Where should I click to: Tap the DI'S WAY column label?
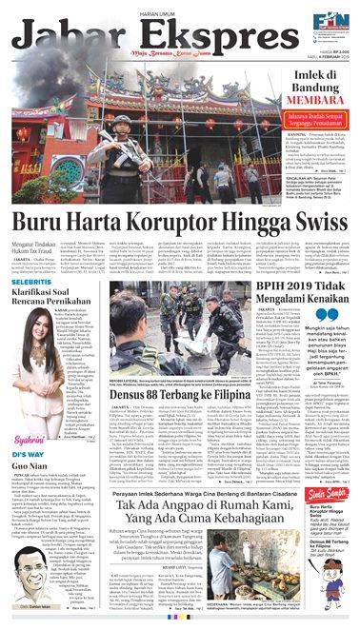pos(30,455)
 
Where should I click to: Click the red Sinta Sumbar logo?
pos(323,504)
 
